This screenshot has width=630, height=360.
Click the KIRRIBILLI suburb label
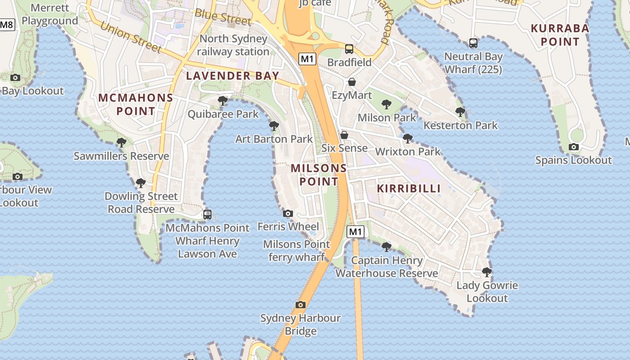coord(409,189)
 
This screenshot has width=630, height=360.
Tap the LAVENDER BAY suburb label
coord(233,76)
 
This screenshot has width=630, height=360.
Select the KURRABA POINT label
coord(560,35)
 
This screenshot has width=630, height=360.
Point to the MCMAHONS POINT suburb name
coord(135,104)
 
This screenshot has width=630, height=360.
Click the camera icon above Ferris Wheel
coord(288,213)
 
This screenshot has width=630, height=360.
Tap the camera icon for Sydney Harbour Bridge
coord(301,305)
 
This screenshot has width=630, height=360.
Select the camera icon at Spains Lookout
coord(573,147)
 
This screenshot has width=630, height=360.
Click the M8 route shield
coord(7,25)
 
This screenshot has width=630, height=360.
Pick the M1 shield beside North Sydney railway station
coord(308,58)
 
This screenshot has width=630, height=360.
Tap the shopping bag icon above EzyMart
coord(352,82)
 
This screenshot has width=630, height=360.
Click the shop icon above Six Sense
coord(344,135)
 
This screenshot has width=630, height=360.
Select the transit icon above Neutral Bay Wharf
coord(473,43)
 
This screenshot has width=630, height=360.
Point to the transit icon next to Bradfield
coord(349,49)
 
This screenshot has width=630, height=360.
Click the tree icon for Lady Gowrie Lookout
coord(486,272)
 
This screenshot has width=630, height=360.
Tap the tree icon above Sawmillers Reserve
coord(121,143)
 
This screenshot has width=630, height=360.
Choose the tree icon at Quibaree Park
coord(222,100)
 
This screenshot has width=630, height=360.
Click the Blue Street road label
coord(223,17)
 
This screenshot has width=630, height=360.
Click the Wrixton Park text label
coord(408,152)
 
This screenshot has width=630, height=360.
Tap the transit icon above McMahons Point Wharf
coord(207,214)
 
